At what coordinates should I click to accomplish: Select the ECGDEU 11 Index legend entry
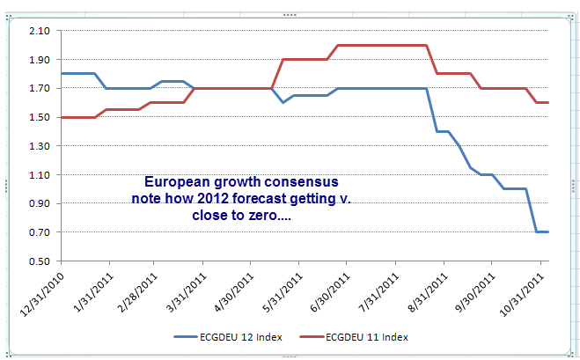point(368,337)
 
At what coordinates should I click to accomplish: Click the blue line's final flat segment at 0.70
point(541,231)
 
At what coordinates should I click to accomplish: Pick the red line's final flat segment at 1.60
point(541,103)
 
